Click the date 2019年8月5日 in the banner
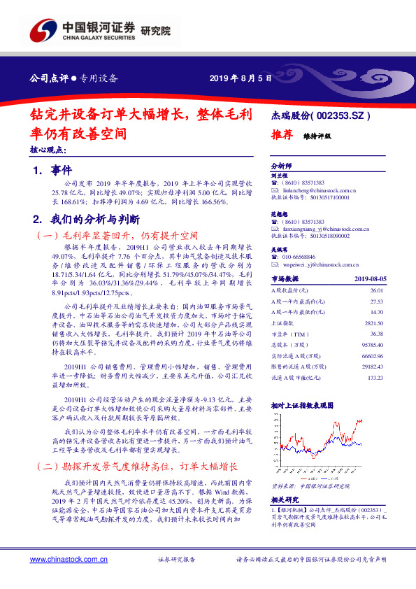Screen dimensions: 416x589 241,78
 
